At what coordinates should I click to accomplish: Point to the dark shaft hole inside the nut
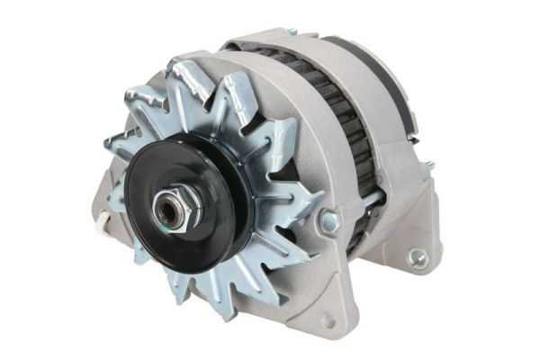pos(168,209)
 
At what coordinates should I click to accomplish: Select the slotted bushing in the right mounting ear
pos(418,257)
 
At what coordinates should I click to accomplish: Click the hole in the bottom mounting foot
pos(326,320)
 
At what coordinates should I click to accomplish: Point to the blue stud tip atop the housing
pos(292,31)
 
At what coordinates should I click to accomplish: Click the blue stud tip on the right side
pos(429,165)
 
